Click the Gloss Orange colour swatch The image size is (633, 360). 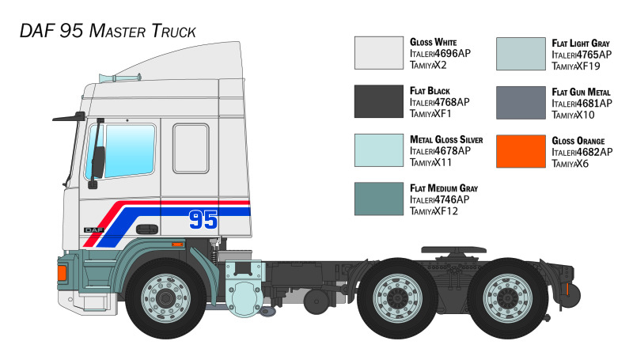click(x=521, y=151)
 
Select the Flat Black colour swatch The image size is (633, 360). click(x=379, y=101)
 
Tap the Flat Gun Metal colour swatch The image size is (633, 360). click(x=521, y=103)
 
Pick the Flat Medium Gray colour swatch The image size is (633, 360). click(x=379, y=199)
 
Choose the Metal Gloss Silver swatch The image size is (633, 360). click(x=379, y=150)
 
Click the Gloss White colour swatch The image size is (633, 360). click(x=379, y=53)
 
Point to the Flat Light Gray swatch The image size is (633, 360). click(x=521, y=54)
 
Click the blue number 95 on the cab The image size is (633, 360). click(x=203, y=219)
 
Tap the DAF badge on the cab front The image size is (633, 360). click(x=93, y=229)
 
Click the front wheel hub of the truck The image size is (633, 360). click(x=165, y=298)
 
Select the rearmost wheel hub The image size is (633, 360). click(x=507, y=298)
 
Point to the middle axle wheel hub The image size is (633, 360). click(x=398, y=298)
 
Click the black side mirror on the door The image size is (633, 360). click(x=98, y=161)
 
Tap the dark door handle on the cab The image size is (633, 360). click(x=147, y=229)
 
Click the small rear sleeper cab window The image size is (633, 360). click(x=191, y=149)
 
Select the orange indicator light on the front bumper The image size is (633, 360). click(x=62, y=273)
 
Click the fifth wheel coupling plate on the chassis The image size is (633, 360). click(x=453, y=250)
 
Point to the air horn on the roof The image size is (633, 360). click(x=119, y=78)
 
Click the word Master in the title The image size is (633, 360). click(x=117, y=31)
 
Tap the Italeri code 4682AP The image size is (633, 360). click(x=595, y=152)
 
